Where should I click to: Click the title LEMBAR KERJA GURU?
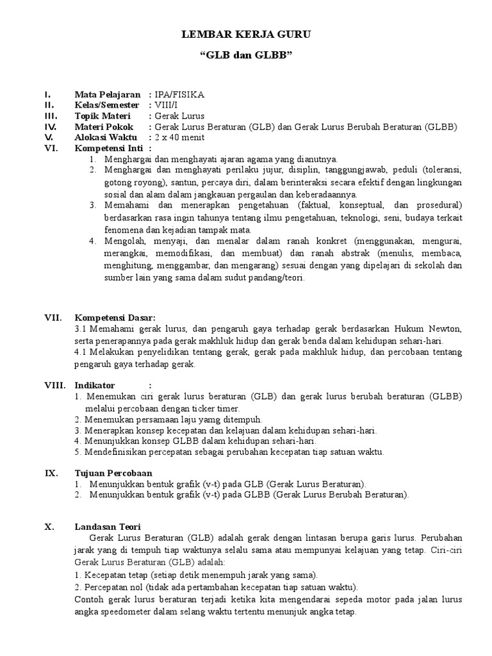coord(246,35)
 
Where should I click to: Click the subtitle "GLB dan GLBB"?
coord(246,56)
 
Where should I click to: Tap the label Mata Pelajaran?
coord(107,95)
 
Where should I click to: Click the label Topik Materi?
coord(102,116)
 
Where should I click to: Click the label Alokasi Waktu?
coord(106,137)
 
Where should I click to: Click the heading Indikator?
coord(95,386)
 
